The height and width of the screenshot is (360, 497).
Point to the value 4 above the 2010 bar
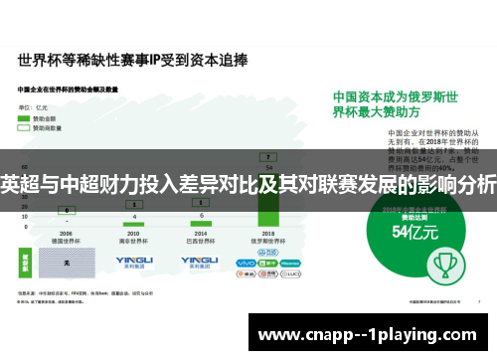134,216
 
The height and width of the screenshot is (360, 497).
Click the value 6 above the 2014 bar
202,213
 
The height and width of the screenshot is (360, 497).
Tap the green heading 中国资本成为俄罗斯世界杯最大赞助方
403,107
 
